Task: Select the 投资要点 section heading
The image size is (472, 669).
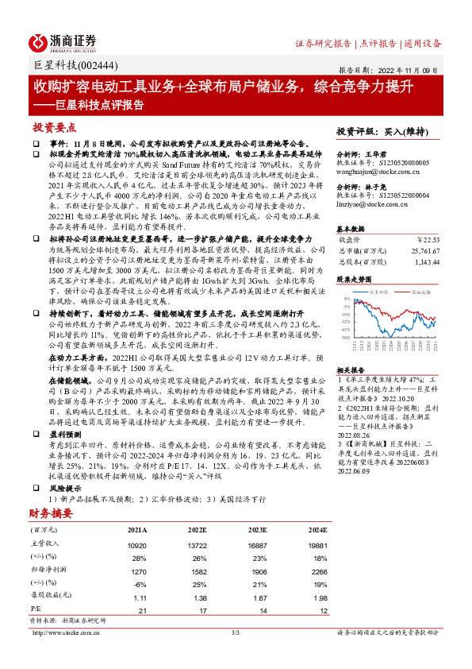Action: tap(54, 126)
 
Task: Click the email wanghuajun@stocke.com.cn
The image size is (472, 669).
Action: tap(373, 169)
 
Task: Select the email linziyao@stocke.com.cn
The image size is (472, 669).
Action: tap(370, 204)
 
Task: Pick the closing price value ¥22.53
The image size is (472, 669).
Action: tap(428, 238)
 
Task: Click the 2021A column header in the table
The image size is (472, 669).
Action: tap(137, 529)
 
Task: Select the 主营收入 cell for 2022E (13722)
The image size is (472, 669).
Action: tap(197, 546)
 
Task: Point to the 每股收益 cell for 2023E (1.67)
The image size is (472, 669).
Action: tap(257, 597)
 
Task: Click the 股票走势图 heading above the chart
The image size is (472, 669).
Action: tap(353, 280)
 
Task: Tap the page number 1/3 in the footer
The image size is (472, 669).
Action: tap(236, 632)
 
